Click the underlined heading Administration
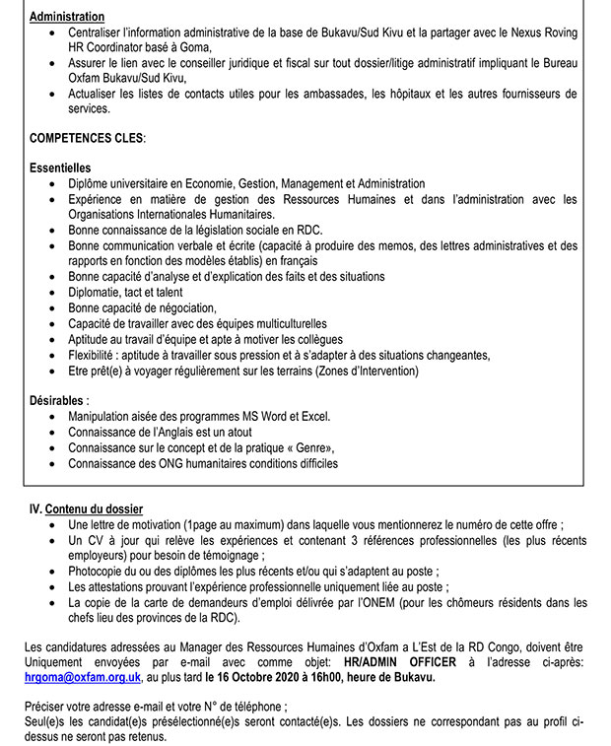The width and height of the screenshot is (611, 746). (x=67, y=18)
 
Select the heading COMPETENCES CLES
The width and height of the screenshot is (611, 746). (x=87, y=139)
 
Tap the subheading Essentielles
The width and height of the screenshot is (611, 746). (x=60, y=169)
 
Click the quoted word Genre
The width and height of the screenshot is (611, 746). (x=317, y=447)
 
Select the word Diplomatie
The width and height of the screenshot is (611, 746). (x=98, y=292)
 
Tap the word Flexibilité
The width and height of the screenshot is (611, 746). (x=99, y=355)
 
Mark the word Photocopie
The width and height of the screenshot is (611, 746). (x=100, y=571)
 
